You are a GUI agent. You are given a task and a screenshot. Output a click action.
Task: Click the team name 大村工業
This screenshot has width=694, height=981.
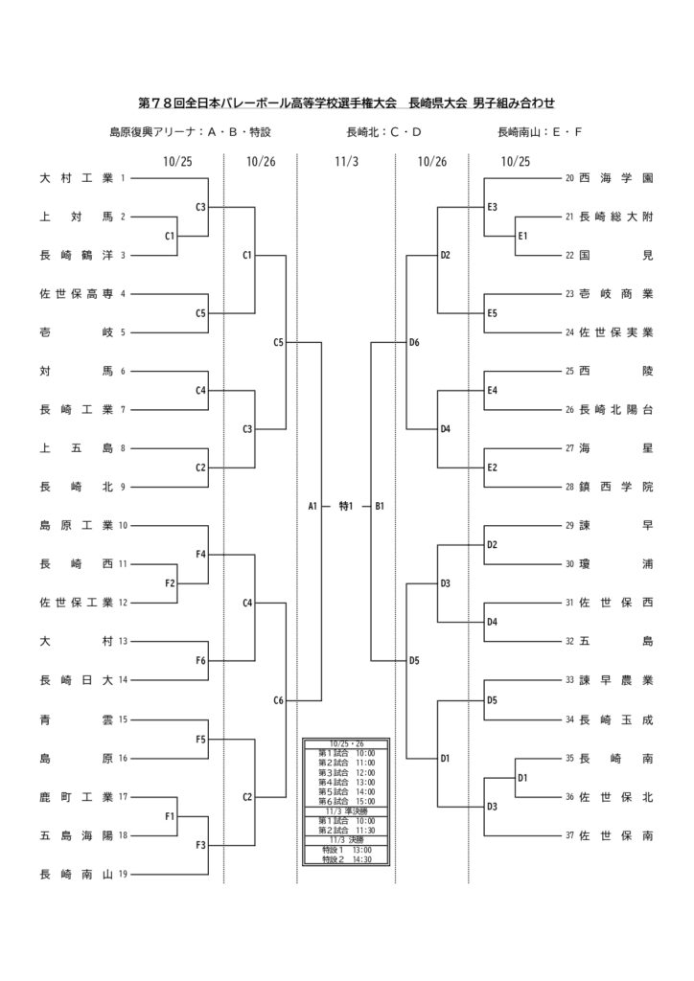(76, 178)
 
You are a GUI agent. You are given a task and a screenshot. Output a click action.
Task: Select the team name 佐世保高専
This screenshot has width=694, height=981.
(76, 294)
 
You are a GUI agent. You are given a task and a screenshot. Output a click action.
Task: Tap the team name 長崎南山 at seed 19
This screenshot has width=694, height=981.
(76, 873)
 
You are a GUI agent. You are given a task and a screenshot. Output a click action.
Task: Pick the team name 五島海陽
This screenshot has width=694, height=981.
(76, 834)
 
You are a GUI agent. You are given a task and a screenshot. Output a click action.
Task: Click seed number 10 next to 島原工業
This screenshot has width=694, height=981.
(123, 525)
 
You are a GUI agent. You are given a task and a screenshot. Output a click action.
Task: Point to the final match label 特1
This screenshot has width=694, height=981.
(347, 506)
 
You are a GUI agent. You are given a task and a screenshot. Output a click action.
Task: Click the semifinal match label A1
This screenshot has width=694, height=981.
(312, 506)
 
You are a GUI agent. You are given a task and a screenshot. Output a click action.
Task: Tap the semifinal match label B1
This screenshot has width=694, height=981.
(380, 506)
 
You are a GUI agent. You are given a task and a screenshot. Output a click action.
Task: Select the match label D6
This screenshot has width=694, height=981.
(414, 342)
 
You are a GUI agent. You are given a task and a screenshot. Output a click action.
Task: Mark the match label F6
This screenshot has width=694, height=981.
(201, 661)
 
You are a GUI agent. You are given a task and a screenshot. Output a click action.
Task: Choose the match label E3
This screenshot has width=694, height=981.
(492, 207)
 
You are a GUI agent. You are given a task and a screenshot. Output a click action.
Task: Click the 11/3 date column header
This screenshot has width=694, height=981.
(346, 162)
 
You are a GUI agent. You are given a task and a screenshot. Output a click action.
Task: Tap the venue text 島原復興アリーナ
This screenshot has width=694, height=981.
(152, 132)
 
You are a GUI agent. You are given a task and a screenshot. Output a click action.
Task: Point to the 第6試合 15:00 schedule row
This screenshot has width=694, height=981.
(346, 801)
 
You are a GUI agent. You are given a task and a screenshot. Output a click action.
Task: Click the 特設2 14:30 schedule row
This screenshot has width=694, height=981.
(346, 859)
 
